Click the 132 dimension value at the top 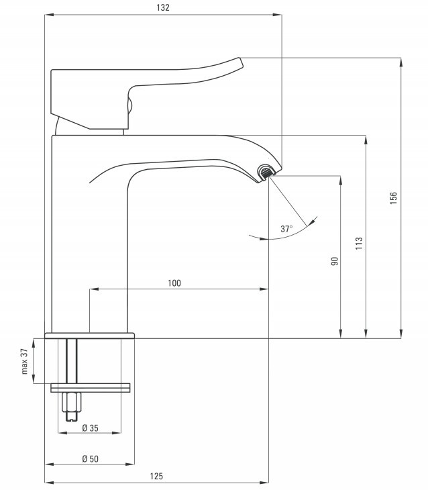(163, 7)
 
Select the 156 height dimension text (393, 198)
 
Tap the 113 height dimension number (359, 243)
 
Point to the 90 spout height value (334, 261)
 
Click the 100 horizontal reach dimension (174, 283)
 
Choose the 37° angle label (286, 229)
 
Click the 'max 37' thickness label (25, 361)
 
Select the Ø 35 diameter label (90, 428)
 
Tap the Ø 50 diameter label (90, 458)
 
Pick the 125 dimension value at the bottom (156, 476)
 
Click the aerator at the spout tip (266, 173)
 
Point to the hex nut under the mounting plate (72, 402)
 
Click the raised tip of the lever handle (240, 61)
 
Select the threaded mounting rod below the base (72, 360)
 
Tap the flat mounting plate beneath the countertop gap (91, 387)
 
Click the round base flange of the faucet (90, 336)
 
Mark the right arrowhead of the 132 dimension (277, 15)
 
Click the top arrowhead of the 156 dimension (400, 62)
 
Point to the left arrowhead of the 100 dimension (94, 289)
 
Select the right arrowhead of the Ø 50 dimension (129, 464)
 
